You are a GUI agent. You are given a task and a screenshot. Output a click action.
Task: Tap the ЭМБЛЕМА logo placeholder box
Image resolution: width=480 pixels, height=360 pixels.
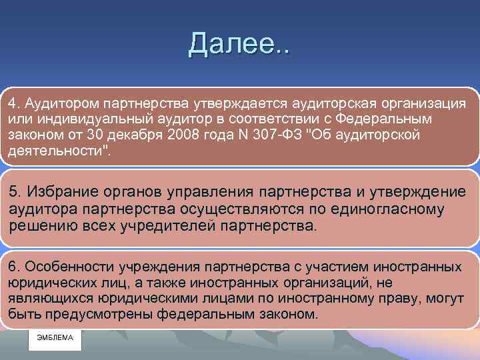[x=55, y=338]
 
